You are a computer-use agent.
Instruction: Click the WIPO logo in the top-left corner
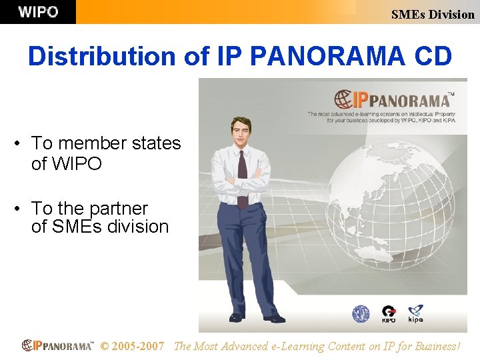coord(38,12)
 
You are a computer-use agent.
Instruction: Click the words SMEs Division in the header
coord(433,14)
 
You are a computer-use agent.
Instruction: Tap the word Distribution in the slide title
coord(103,56)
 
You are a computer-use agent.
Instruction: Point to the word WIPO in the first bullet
coord(67,163)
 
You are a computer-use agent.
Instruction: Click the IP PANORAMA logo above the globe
coord(393,100)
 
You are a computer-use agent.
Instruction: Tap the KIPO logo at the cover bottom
coord(388,313)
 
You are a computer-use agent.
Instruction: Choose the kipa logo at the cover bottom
coord(415,313)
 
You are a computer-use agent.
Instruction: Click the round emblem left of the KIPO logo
coord(361,313)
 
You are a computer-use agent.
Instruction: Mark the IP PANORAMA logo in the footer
coord(57,346)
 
